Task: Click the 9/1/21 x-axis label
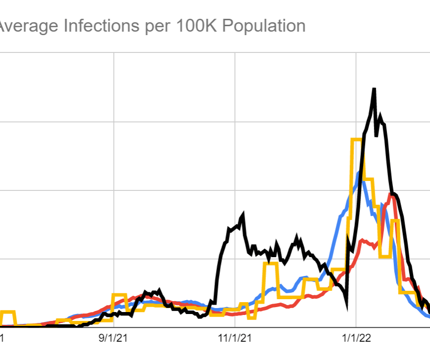(114, 340)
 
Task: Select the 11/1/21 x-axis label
(235, 340)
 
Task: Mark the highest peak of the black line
(374, 90)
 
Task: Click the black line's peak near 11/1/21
(243, 215)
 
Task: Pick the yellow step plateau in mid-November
(271, 264)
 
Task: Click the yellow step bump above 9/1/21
(120, 295)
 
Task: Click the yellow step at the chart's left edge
(7, 312)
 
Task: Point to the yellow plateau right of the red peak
(394, 221)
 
